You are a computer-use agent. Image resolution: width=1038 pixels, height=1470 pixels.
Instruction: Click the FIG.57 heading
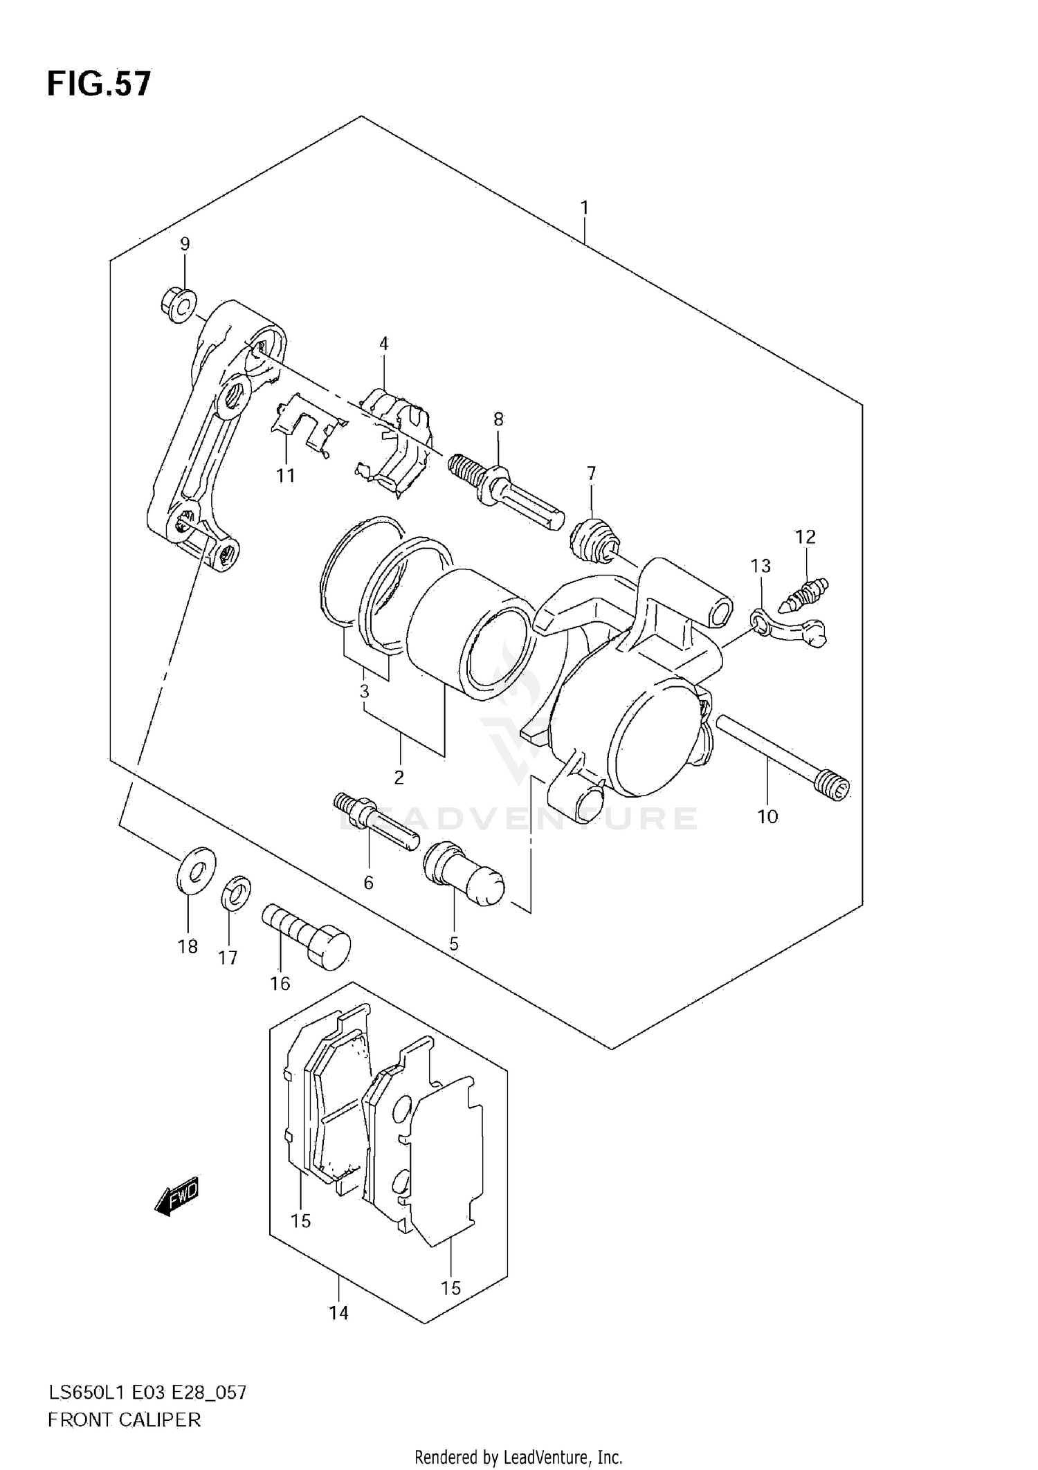pyautogui.click(x=99, y=84)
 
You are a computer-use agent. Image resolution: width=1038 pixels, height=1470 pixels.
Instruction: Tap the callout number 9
pyautogui.click(x=185, y=244)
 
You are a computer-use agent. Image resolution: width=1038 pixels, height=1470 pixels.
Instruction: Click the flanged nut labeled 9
pyautogui.click(x=178, y=306)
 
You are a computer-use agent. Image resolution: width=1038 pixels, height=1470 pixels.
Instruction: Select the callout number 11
pyautogui.click(x=285, y=476)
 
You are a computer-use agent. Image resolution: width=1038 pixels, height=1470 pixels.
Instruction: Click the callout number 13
pyautogui.click(x=761, y=566)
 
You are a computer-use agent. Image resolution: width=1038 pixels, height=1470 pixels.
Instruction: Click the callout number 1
pyautogui.click(x=585, y=207)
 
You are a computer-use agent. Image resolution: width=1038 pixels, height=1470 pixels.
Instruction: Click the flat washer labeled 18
pyautogui.click(x=195, y=868)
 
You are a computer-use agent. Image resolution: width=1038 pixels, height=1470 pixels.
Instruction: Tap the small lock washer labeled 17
pyautogui.click(x=235, y=892)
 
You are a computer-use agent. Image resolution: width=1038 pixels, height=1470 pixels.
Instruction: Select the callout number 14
pyautogui.click(x=338, y=1312)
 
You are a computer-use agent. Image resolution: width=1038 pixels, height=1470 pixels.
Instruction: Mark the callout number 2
pyautogui.click(x=399, y=778)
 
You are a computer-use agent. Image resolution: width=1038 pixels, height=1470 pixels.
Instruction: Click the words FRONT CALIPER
pyautogui.click(x=124, y=1420)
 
